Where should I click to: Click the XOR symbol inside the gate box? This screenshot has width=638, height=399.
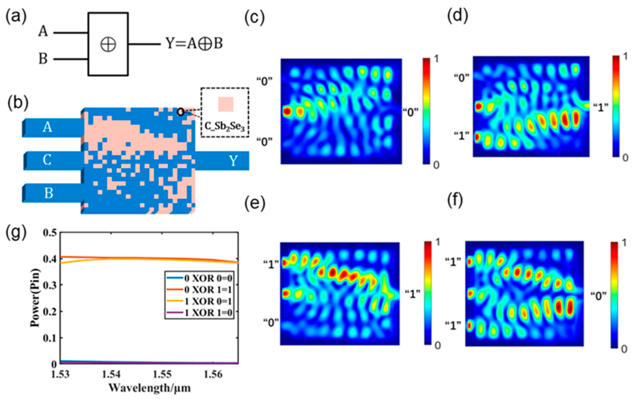coord(108,44)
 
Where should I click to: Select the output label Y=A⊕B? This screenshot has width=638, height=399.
coord(194,43)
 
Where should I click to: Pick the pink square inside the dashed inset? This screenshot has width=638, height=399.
coord(226,105)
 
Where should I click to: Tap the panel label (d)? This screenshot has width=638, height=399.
coord(457,16)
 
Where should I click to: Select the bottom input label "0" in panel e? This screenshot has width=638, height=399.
coord(271,322)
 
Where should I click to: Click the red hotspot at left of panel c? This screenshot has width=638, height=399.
coord(287,111)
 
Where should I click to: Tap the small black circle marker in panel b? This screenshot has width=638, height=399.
coord(181,112)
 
